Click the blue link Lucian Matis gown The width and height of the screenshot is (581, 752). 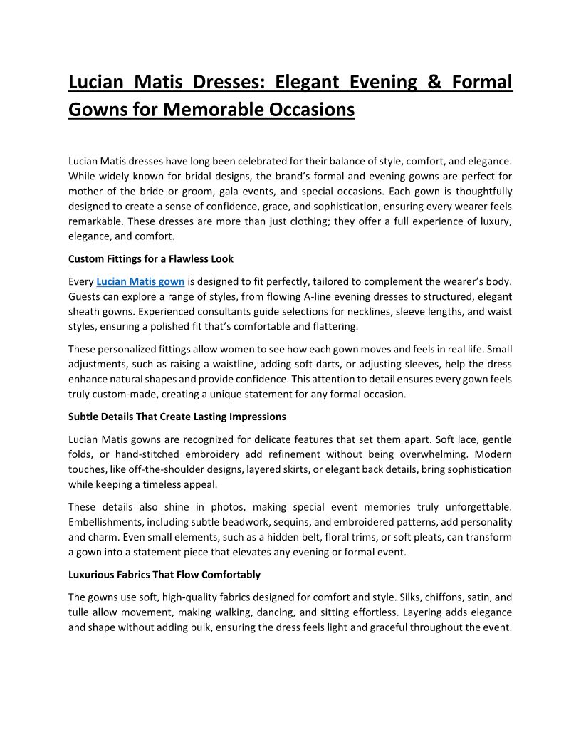140,281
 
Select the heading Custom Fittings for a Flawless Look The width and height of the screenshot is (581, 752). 151,258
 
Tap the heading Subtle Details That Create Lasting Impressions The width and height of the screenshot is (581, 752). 177,417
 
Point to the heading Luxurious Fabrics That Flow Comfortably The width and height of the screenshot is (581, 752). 164,575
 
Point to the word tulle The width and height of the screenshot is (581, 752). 78,613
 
